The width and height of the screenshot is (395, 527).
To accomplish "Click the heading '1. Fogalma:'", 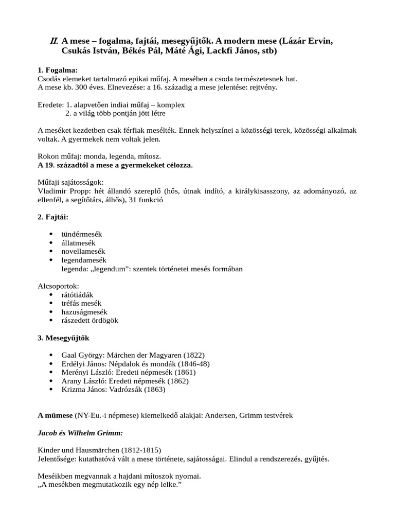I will (58, 70).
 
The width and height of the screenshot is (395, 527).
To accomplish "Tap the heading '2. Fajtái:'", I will (53, 217).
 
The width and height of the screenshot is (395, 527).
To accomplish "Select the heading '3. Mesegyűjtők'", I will (63, 338).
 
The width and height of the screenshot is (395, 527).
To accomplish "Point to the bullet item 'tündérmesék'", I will (82, 234).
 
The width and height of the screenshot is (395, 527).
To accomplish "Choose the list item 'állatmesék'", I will (79, 243).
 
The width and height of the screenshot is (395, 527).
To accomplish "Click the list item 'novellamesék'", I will (84, 252).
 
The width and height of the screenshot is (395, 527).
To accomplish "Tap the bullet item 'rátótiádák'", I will (77, 294).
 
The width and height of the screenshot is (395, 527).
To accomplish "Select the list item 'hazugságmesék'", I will (84, 312).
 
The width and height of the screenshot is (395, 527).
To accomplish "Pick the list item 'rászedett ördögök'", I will (90, 320).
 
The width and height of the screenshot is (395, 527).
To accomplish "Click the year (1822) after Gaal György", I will (193, 355).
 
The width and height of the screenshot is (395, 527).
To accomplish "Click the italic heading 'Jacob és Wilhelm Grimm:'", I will (80, 433).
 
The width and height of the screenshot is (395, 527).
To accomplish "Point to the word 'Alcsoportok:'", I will (59, 286).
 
